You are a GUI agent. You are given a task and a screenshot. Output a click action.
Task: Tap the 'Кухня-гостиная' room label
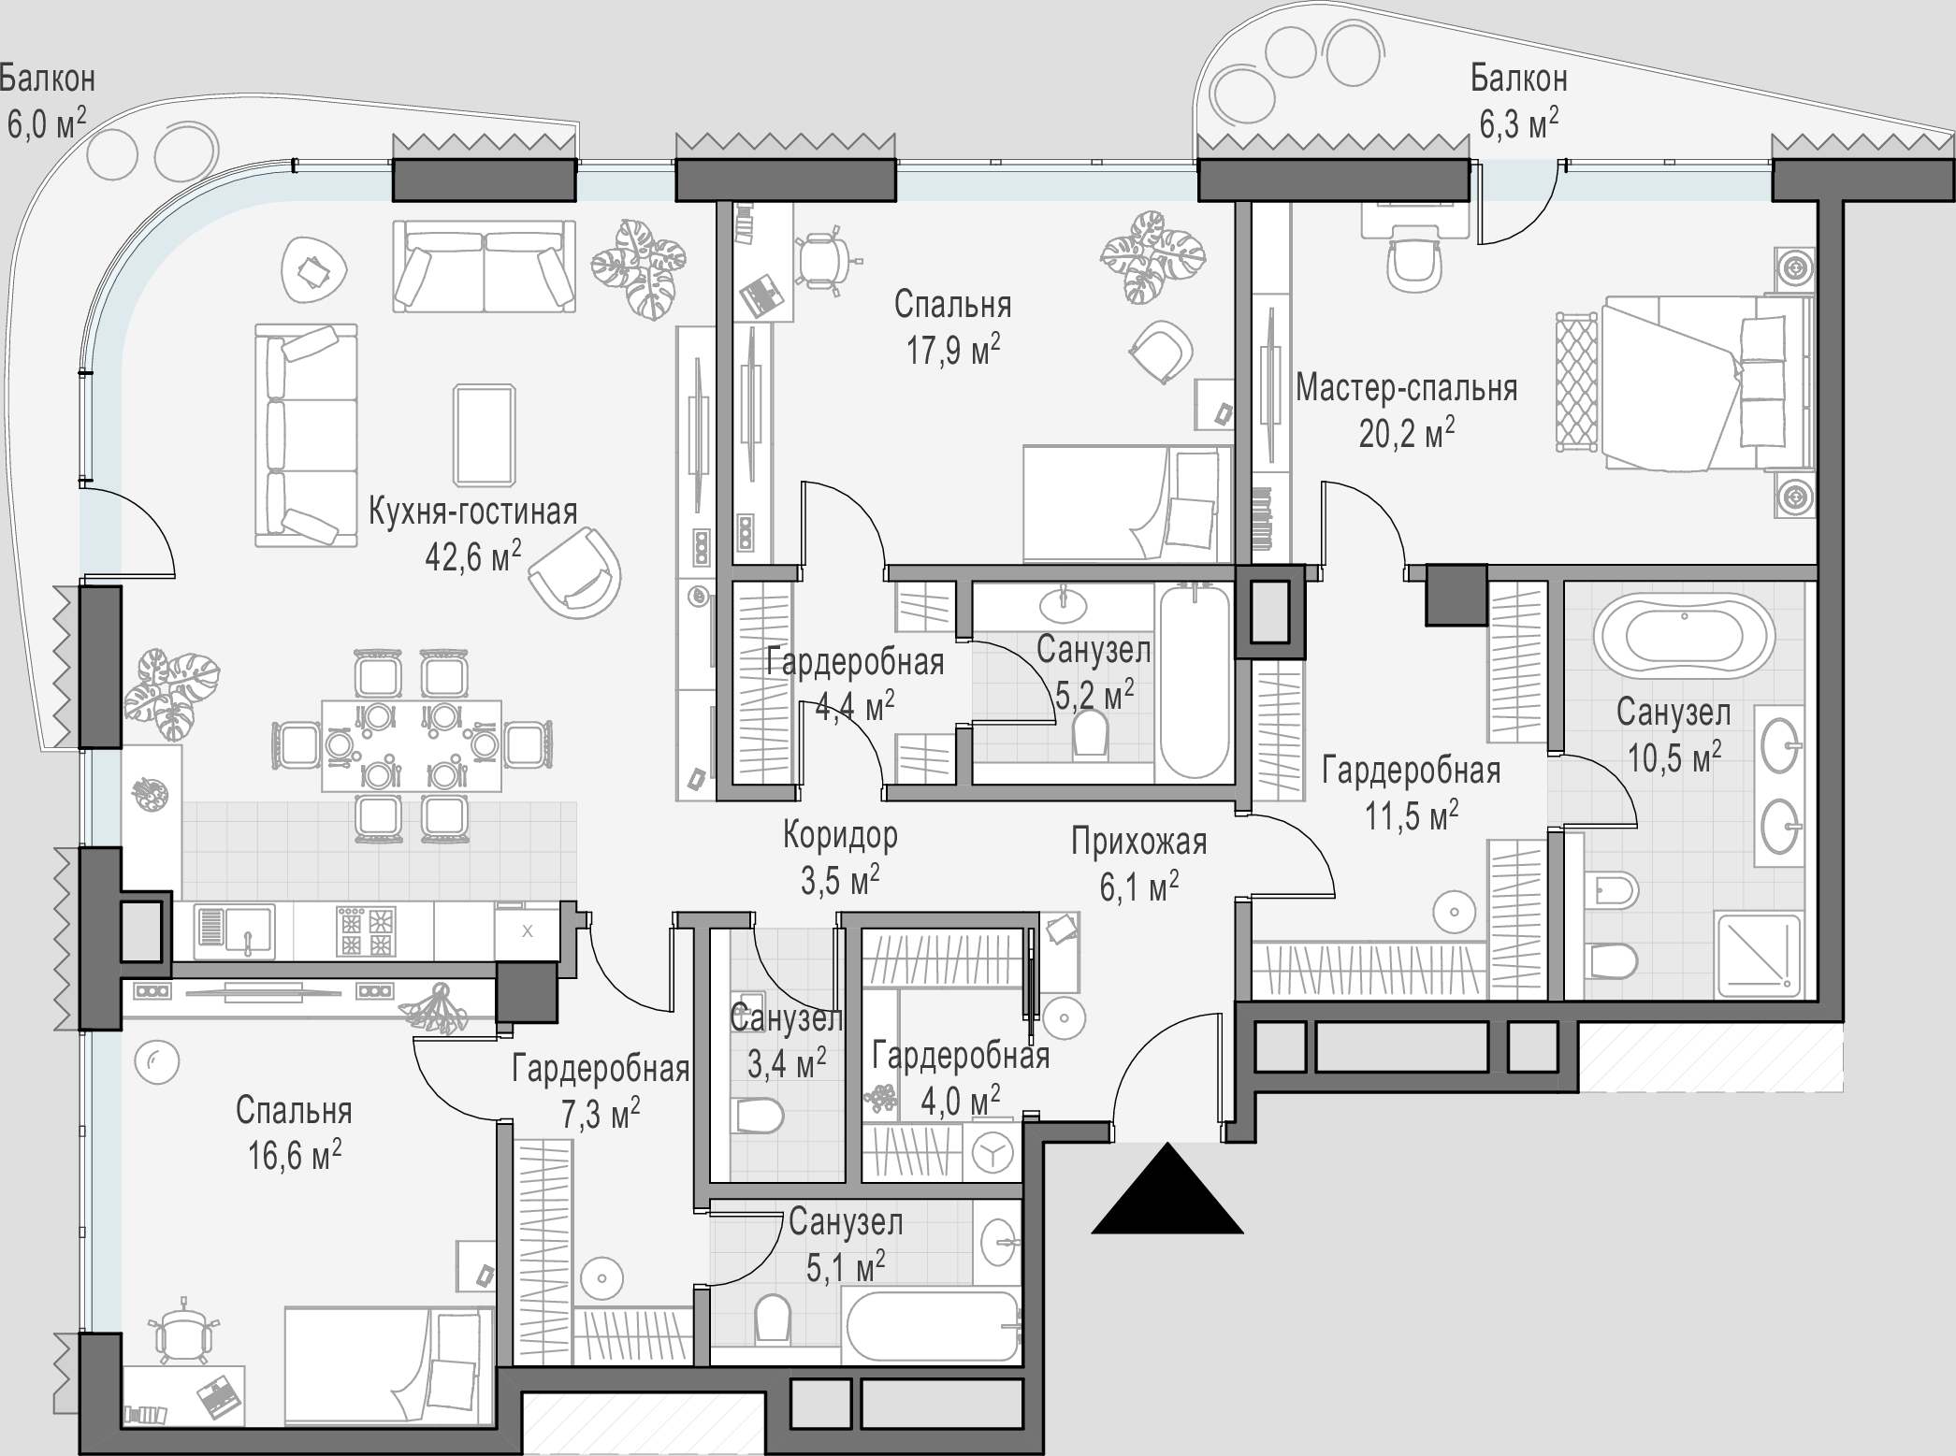tap(473, 512)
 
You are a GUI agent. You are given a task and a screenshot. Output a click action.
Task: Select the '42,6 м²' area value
tap(473, 556)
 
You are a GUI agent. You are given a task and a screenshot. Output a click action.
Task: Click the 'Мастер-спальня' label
tap(1407, 387)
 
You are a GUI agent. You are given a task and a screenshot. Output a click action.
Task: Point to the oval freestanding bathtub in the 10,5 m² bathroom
tap(1684, 636)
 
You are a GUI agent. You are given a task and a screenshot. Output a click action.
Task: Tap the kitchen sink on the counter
tap(236, 931)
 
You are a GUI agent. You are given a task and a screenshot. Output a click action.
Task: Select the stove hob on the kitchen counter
tap(365, 930)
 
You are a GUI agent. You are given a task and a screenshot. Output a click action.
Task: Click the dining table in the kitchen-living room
tap(412, 746)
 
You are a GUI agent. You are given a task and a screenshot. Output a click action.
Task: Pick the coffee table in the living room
tap(485, 434)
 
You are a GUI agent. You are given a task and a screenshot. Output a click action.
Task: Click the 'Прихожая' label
tap(1139, 843)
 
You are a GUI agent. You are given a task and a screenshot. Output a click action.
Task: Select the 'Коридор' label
tap(840, 834)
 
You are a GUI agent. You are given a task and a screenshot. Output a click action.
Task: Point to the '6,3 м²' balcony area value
tap(1519, 123)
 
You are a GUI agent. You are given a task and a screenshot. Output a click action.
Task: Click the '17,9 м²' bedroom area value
tap(953, 351)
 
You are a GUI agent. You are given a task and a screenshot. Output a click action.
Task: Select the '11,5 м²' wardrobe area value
tap(1412, 815)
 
